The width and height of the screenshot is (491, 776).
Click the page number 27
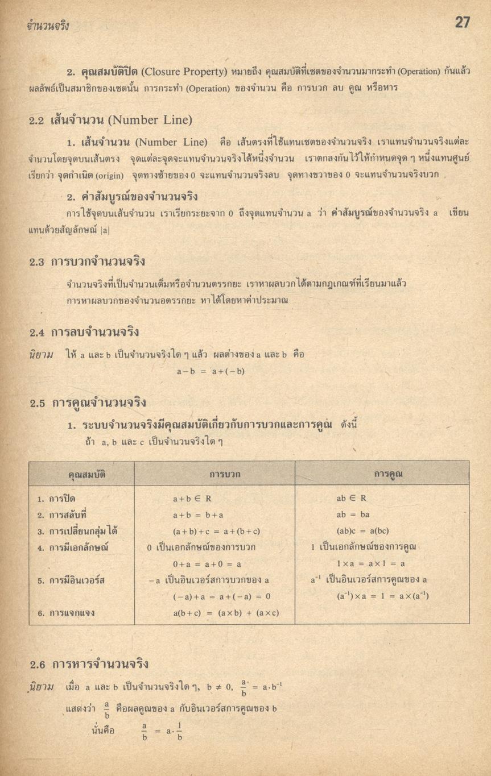462,22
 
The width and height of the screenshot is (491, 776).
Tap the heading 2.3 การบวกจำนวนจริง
88,262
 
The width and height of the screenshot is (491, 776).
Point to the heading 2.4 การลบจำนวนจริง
84,331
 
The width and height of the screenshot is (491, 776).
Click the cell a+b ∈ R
192,499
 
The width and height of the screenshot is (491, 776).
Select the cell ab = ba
353,514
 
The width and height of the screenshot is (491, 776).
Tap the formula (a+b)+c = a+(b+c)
216,531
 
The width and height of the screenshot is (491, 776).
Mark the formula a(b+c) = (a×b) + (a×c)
226,612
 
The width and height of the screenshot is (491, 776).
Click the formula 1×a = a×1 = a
370,563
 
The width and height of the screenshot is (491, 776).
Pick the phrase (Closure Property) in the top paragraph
177,73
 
